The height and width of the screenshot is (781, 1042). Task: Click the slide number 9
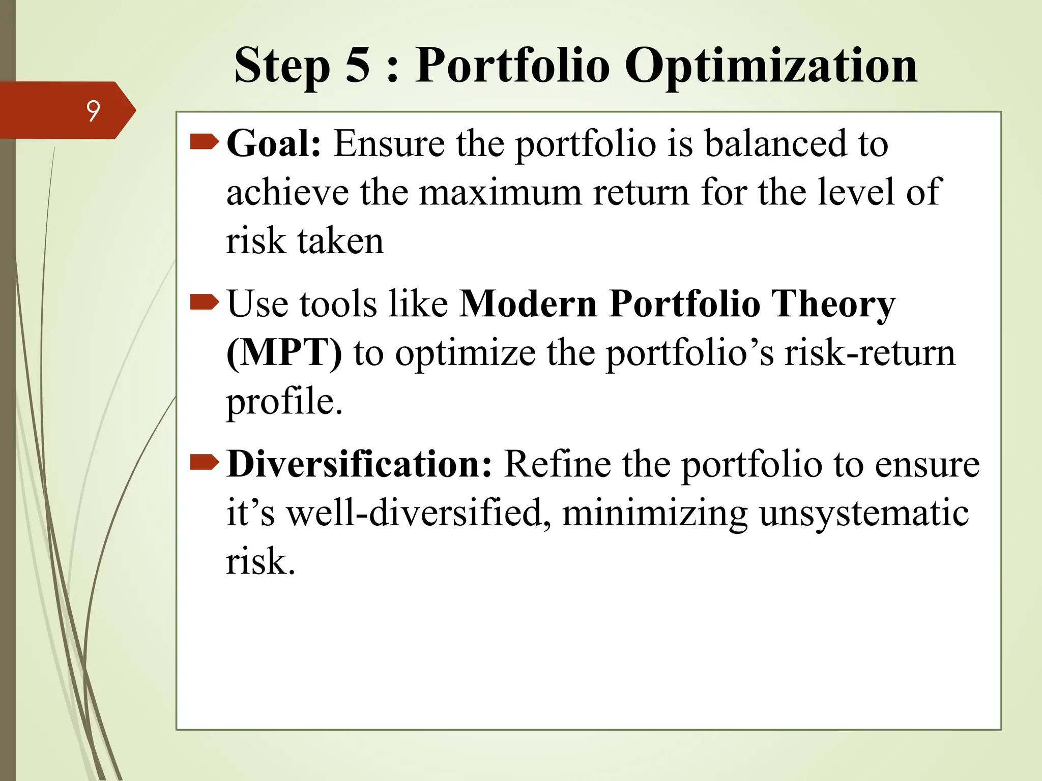[93, 111]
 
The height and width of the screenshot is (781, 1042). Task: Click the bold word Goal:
[274, 144]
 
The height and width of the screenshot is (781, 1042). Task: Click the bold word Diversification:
[359, 464]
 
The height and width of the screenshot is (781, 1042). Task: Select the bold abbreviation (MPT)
[284, 353]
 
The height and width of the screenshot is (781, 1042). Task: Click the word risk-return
[869, 353]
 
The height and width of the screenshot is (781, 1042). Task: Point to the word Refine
[557, 464]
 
